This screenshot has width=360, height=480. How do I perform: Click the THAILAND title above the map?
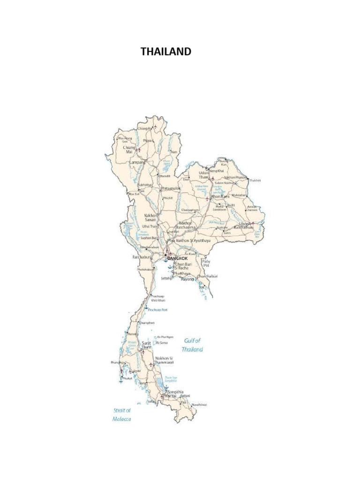[x=166, y=52]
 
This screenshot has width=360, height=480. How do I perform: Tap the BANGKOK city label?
[x=178, y=258]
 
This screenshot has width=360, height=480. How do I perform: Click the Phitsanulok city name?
[x=171, y=188]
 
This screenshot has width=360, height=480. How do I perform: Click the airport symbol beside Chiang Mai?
[x=139, y=150]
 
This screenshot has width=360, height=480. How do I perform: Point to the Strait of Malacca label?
[x=122, y=414]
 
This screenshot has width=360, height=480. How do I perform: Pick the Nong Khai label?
[x=217, y=171]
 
